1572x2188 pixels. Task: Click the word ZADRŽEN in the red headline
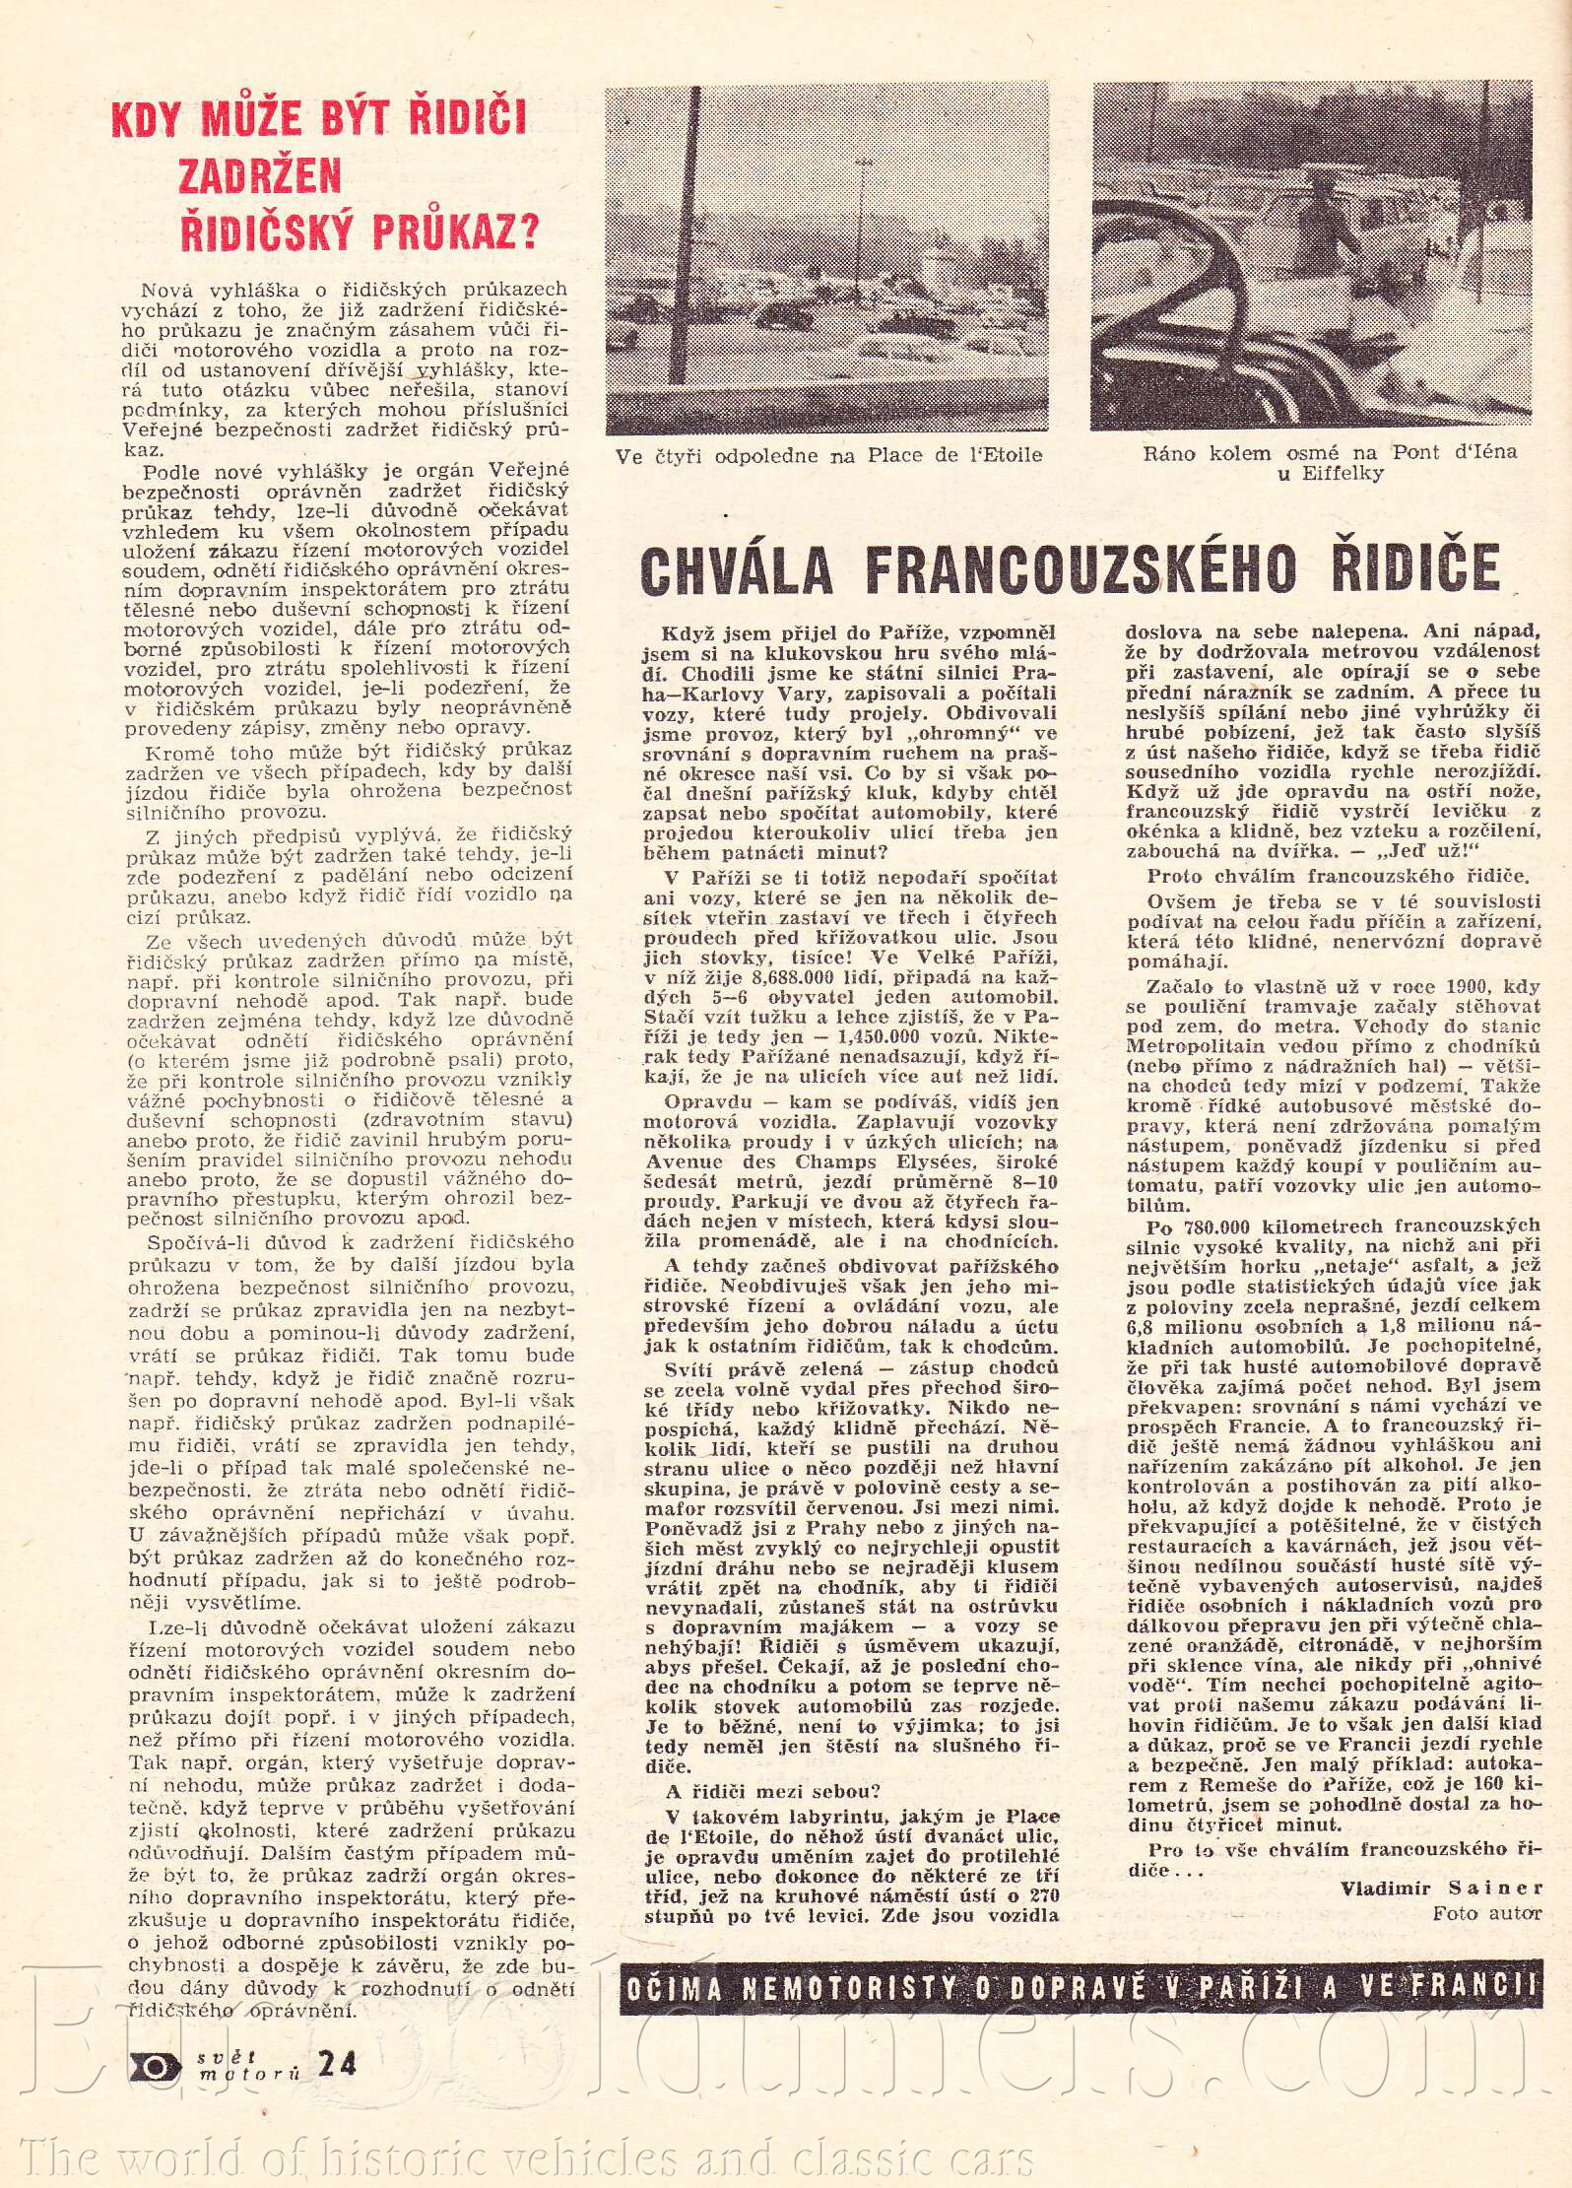[259, 174]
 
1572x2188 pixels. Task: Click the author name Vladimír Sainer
[1441, 1888]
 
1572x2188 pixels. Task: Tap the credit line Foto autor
[1487, 1913]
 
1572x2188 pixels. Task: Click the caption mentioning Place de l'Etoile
[828, 456]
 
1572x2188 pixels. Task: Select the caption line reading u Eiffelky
[1331, 474]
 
